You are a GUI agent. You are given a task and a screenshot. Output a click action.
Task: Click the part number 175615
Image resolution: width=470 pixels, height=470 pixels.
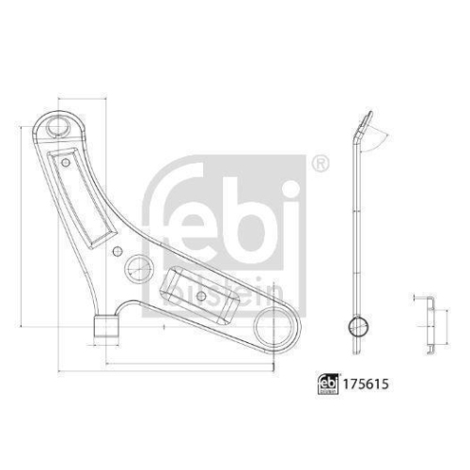pyautogui.click(x=367, y=384)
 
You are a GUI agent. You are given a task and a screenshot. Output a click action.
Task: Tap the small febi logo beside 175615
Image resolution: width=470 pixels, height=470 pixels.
pyautogui.click(x=325, y=384)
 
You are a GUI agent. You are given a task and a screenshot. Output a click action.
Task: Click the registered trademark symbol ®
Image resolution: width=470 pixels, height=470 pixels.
pyautogui.click(x=320, y=163)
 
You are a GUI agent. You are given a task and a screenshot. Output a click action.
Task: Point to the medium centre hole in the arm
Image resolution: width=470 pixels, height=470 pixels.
pyautogui.click(x=137, y=267)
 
